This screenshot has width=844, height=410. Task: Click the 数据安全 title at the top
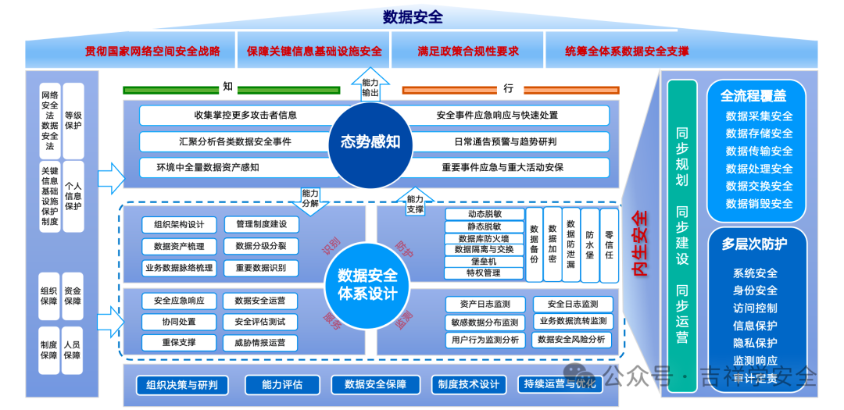click(413, 16)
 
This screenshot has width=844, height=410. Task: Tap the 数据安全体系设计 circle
click(367, 285)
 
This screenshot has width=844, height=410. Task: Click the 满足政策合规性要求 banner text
click(468, 52)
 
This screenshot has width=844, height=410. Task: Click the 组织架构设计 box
click(179, 225)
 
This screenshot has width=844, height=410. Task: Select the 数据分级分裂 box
click(260, 246)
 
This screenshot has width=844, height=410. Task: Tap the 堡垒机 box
click(485, 262)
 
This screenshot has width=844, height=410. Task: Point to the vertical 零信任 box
click(609, 245)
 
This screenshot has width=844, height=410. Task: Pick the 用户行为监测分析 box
click(485, 340)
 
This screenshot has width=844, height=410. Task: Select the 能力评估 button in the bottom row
click(281, 384)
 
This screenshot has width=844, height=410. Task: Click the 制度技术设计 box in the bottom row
click(468, 384)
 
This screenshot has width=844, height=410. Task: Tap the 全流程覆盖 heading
click(753, 96)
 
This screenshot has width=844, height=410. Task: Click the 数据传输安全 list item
click(759, 151)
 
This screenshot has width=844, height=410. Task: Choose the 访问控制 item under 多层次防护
click(755, 308)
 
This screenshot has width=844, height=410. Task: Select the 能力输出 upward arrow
click(370, 85)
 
